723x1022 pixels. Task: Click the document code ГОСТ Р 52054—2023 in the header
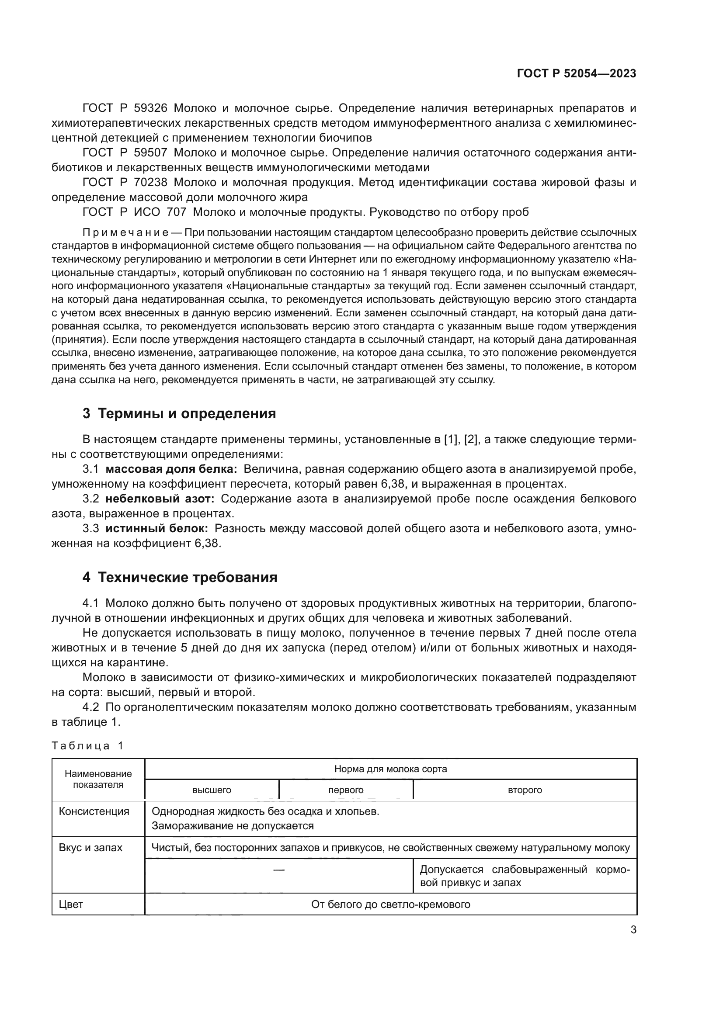(x=576, y=73)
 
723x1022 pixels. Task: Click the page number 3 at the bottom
(x=633, y=929)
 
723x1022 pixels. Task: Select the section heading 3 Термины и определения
(x=179, y=413)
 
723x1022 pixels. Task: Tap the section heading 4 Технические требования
(x=179, y=577)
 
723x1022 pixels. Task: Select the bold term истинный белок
(x=157, y=529)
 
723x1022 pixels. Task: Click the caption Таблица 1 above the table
(x=87, y=745)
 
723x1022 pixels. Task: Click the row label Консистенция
(x=94, y=811)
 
